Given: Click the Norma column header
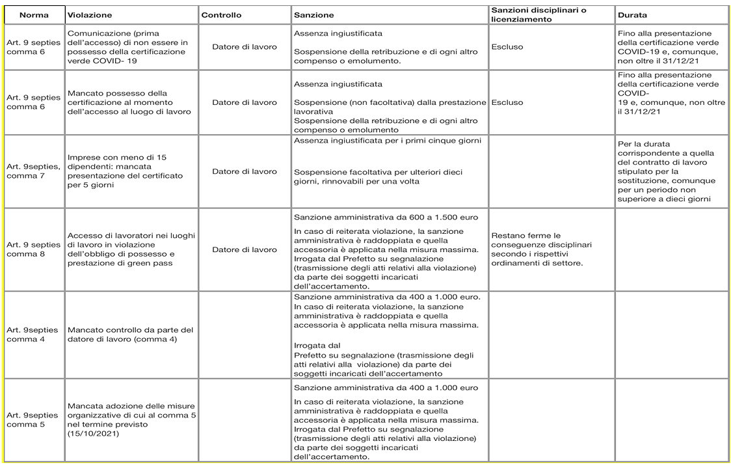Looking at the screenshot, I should [34, 15].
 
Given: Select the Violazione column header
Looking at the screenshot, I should [90, 15].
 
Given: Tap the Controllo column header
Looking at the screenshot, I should [221, 15].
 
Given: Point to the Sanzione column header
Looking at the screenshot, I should [313, 15].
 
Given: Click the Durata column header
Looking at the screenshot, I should [633, 15].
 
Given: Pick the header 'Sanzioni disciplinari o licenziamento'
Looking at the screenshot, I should [538, 15].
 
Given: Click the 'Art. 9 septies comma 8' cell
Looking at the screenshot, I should [33, 249].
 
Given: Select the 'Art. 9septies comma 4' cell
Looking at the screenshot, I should [33, 335].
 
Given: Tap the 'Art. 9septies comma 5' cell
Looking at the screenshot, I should [33, 419].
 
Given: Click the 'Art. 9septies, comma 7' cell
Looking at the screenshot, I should [33, 171].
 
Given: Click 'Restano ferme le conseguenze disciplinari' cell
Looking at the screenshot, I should [537, 249].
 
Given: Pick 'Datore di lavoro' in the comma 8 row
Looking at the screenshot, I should [244, 249].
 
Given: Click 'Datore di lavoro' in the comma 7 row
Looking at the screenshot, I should [244, 171].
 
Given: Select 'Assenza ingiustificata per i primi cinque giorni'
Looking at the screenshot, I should [387, 141].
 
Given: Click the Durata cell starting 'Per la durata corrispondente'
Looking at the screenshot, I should [667, 171].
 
